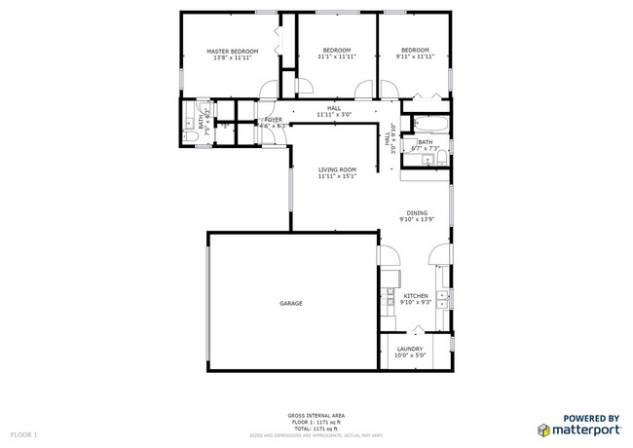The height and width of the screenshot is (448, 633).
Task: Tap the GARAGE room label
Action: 291,304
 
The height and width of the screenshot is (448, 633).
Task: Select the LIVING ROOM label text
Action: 337,169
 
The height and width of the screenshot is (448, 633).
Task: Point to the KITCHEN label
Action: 416,296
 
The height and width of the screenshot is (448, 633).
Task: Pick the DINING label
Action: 416,213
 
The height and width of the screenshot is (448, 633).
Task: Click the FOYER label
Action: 273,120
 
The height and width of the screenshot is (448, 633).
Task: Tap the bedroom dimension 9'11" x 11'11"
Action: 416,57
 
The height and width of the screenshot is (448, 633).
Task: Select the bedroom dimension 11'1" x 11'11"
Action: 337,57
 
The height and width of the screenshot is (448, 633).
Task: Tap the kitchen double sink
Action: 443,296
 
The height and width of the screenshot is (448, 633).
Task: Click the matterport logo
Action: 578,426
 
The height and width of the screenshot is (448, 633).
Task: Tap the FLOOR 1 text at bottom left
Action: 23,432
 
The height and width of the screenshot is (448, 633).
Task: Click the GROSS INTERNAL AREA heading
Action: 316,414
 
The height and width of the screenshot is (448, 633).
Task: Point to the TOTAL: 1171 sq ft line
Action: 316,429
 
